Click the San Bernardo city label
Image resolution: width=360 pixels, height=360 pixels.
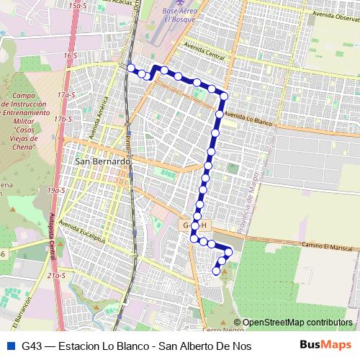[x=102, y=162]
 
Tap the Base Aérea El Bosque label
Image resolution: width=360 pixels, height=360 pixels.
[x=179, y=15]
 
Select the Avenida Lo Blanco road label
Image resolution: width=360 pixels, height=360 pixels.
[x=248, y=119]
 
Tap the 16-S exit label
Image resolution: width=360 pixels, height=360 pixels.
[x=70, y=55]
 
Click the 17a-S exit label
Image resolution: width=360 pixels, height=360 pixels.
[x=67, y=94]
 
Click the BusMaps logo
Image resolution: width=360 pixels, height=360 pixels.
[x=326, y=345]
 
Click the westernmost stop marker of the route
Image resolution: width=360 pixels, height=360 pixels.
[x=131, y=68]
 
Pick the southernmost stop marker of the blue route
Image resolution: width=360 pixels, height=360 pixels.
[x=216, y=271]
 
